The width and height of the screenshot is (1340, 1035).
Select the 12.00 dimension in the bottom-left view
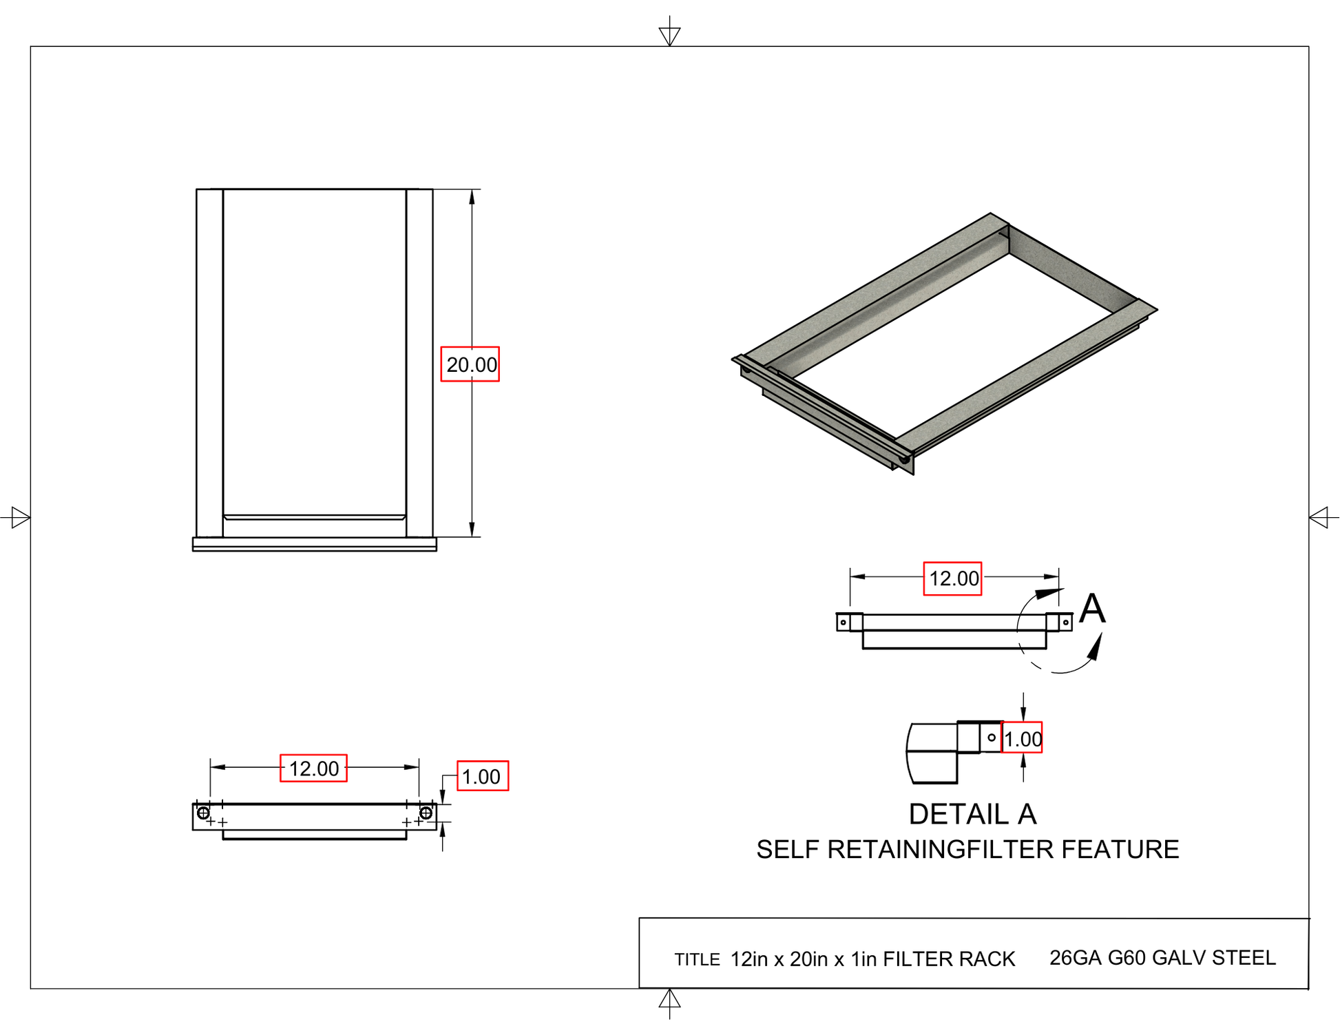coord(313,769)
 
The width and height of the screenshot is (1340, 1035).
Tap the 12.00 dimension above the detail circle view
coord(952,578)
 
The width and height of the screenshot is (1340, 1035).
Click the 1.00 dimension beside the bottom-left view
coord(482,777)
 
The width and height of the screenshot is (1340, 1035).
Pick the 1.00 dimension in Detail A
coord(1022,739)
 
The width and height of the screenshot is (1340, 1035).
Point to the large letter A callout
coord(1092,609)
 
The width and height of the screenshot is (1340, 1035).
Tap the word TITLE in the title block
coord(697,960)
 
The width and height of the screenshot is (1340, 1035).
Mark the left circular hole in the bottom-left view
coord(203,813)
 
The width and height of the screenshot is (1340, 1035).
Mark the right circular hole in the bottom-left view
coord(426,813)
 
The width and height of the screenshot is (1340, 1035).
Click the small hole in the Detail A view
coord(992,738)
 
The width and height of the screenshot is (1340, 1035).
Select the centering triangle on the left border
coord(19,517)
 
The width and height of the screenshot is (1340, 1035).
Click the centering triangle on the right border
coord(1319,517)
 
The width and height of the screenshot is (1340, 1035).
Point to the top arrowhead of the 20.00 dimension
coord(472,198)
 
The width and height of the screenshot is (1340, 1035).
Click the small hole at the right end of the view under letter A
coord(1065,623)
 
